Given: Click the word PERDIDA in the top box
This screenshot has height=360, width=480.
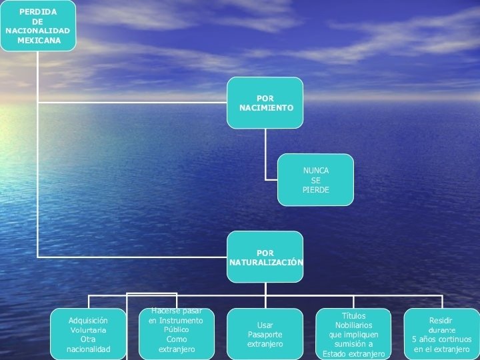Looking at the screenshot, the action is tap(37, 12).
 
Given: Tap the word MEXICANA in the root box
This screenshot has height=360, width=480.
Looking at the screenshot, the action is tap(39, 40).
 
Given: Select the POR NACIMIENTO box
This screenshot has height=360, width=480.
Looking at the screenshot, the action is tap(265, 103).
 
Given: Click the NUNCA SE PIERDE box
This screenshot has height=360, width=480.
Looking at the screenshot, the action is tap(315, 180).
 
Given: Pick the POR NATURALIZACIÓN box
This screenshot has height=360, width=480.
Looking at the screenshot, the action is tap(265, 257).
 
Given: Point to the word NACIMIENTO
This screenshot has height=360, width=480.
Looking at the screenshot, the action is tap(266, 107).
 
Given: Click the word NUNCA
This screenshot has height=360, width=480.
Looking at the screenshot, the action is tap(316, 171).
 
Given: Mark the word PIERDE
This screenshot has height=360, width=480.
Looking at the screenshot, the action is tap(316, 190).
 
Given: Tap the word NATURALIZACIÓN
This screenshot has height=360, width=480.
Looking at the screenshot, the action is tap(266, 262).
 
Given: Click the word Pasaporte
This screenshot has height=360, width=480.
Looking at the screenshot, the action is tap(265, 335).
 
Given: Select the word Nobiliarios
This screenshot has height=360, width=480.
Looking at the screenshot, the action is tap(353, 325).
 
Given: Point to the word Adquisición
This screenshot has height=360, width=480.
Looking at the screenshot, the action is tap(88, 321).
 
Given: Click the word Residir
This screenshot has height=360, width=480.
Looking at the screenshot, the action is tap(441, 321).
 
